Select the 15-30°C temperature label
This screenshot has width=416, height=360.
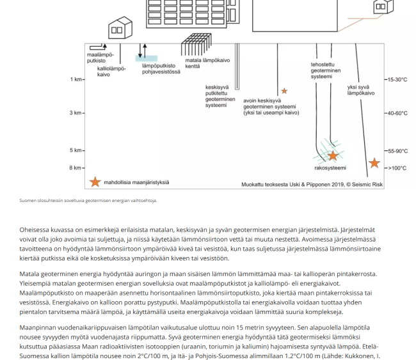pos(396,80)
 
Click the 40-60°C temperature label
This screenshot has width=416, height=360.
pos(396,113)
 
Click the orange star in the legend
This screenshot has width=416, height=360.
pos(95,182)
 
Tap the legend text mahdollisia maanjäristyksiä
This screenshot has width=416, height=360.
pos(136,183)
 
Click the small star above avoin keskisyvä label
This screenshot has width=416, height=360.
pos(284,91)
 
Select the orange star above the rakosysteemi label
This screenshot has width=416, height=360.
pos(333,155)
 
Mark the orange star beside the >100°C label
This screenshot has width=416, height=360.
pos(374,163)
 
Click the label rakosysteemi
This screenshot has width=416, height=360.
pos(330,168)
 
